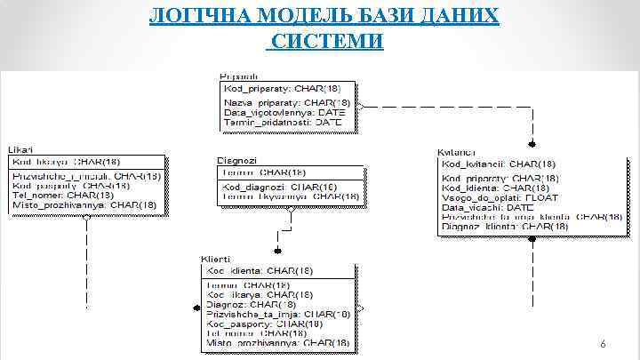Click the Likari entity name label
(22, 150)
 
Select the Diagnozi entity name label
(236, 160)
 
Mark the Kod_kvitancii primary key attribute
(499, 164)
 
